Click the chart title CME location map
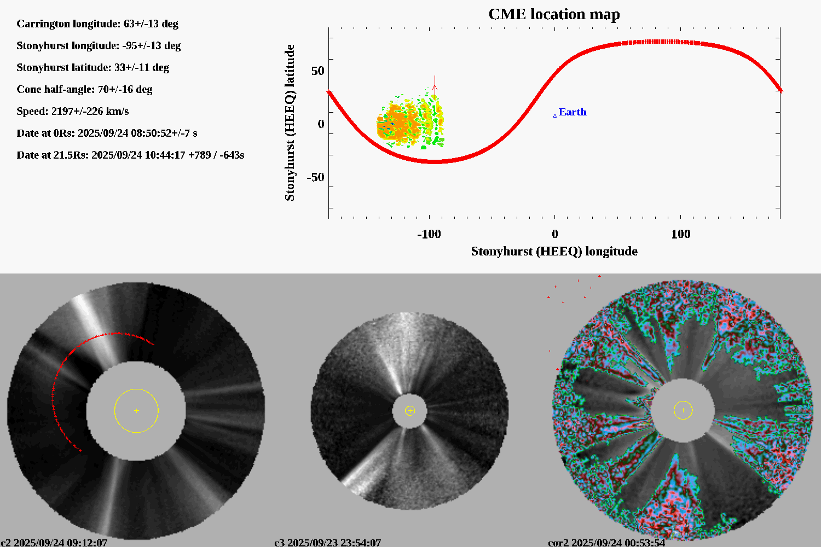[x=554, y=14]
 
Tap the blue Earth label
[x=573, y=112]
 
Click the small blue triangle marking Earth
[x=555, y=115]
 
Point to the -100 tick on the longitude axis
[x=429, y=234]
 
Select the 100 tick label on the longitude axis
[x=680, y=234]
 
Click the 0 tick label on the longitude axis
[x=555, y=234]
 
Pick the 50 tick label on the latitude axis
[x=317, y=71]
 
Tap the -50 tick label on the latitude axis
[x=315, y=177]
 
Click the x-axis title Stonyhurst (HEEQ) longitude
[x=554, y=252]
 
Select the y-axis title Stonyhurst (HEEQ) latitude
[x=290, y=123]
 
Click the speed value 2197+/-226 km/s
[x=90, y=112]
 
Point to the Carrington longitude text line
[x=97, y=24]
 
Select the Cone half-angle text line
[x=84, y=90]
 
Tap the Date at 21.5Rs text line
[x=130, y=155]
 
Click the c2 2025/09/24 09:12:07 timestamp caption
[x=54, y=543]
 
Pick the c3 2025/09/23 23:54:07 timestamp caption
[x=327, y=543]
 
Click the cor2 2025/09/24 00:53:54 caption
[x=606, y=543]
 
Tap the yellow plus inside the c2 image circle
[x=136, y=411]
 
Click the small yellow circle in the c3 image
[x=410, y=411]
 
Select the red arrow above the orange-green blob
[x=435, y=85]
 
